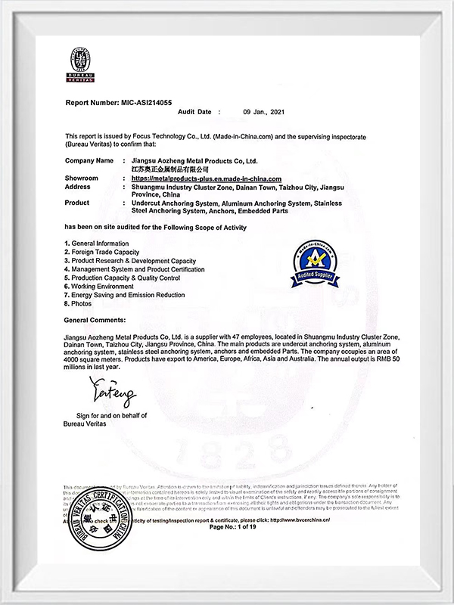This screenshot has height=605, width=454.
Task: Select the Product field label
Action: coord(77,203)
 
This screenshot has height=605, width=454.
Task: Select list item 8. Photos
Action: coord(79,304)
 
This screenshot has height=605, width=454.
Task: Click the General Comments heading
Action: coord(98,321)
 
